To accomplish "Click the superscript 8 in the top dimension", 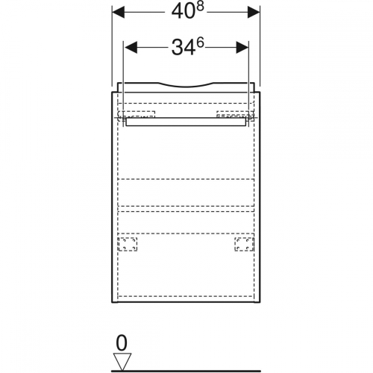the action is pyautogui.click(x=200, y=7).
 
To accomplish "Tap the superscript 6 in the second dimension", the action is pyautogui.click(x=200, y=43).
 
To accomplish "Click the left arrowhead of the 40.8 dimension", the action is pyautogui.click(x=119, y=12).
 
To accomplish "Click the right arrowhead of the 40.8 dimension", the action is pyautogui.click(x=254, y=12).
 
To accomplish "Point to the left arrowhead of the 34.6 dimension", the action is pyautogui.click(x=131, y=48).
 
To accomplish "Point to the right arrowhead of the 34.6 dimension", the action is pyautogui.click(x=242, y=48).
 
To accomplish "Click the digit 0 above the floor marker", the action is pyautogui.click(x=122, y=343).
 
